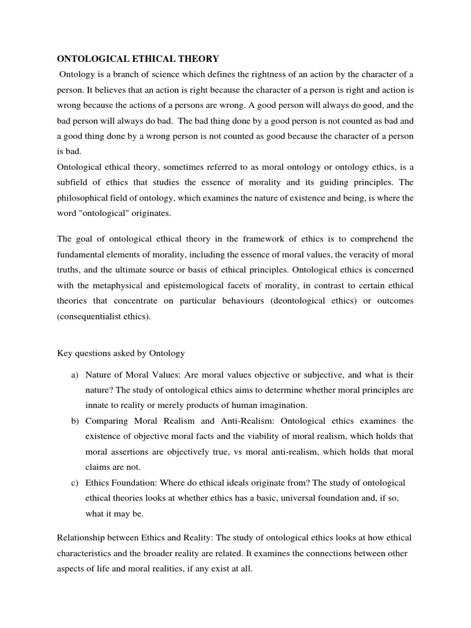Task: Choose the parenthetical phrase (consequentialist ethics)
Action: click(x=103, y=316)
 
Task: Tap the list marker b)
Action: click(x=75, y=421)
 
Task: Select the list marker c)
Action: click(x=75, y=483)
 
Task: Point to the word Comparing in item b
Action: click(x=108, y=421)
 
